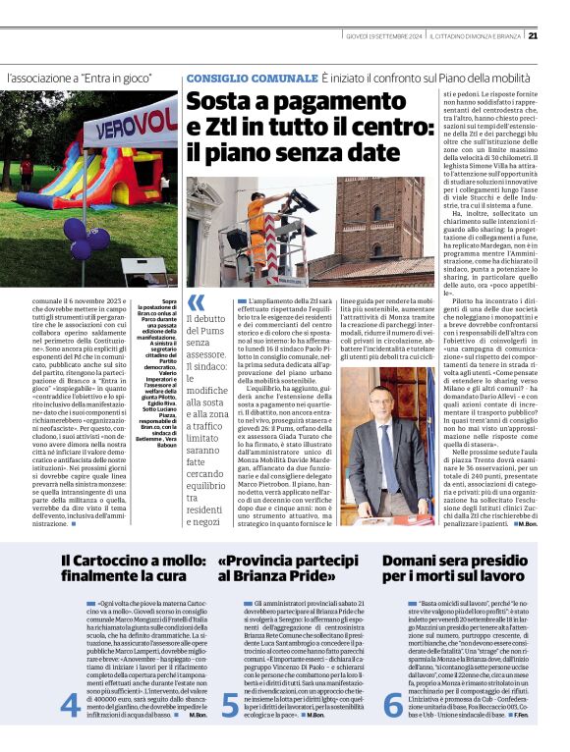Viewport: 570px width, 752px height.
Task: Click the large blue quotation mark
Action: pos(197,301)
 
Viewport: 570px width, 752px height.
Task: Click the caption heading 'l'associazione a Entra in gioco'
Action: pos(80,77)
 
